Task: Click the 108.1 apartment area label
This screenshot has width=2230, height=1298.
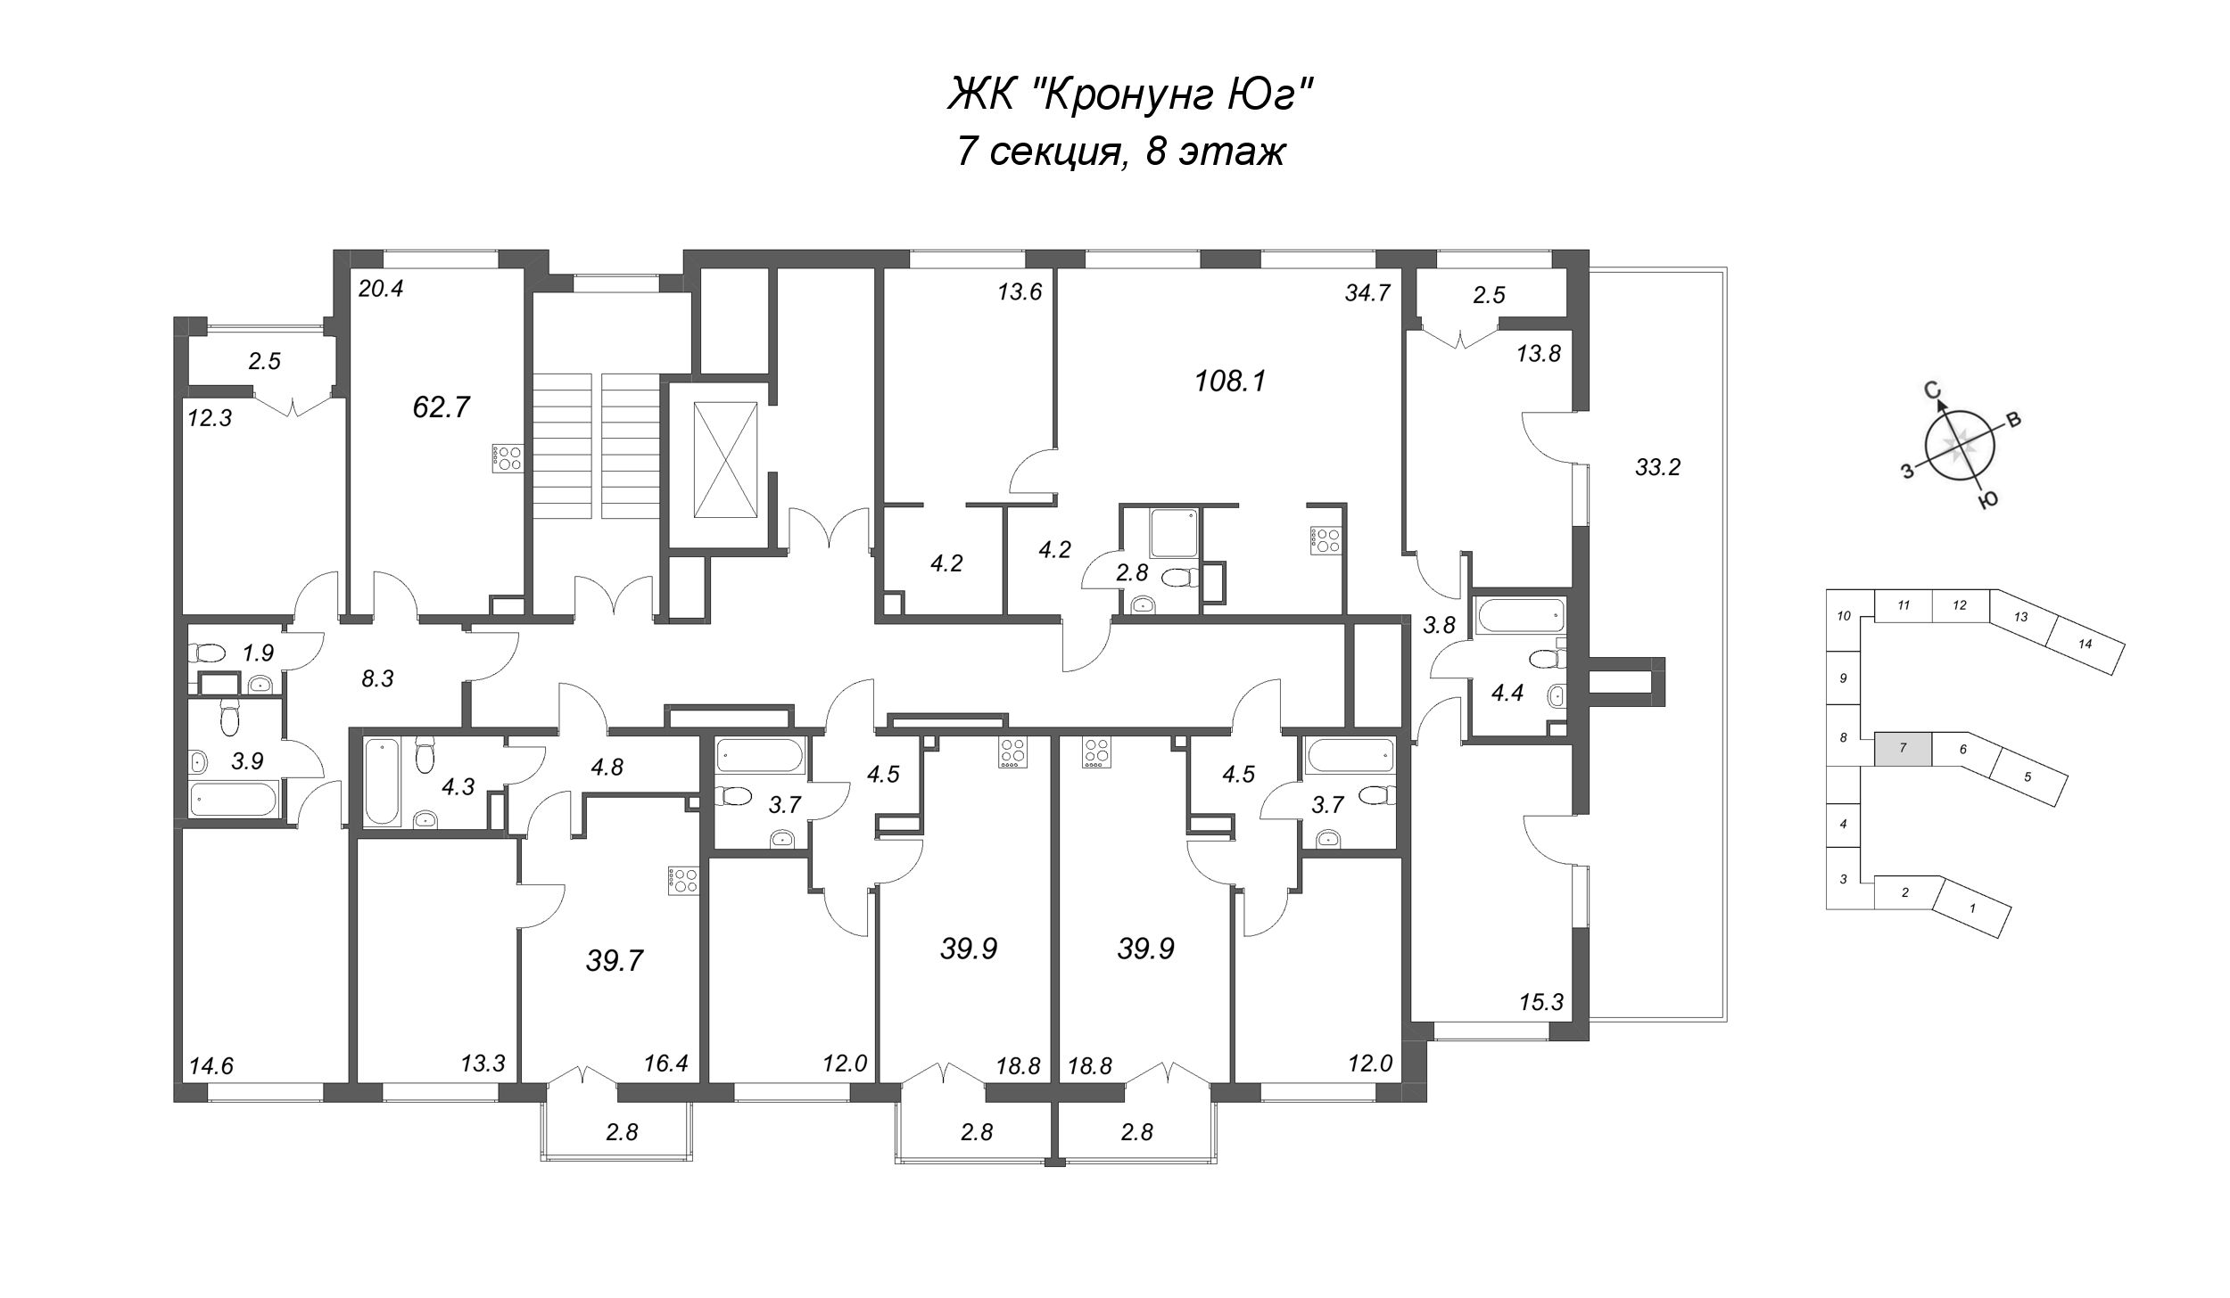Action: pyautogui.click(x=1230, y=382)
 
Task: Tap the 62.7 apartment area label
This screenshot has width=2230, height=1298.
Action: pyautogui.click(x=441, y=407)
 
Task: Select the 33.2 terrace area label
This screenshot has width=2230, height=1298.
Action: pyautogui.click(x=1657, y=467)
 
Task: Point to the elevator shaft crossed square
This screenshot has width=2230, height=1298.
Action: pyautogui.click(x=725, y=458)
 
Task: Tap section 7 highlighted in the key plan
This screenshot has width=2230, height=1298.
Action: pyautogui.click(x=1903, y=749)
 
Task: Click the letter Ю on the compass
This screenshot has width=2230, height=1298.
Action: pyautogui.click(x=1986, y=502)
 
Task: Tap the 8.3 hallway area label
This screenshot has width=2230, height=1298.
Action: pyautogui.click(x=377, y=680)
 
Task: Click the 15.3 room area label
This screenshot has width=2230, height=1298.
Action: pyautogui.click(x=1541, y=1003)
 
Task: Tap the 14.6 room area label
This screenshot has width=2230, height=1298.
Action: pyautogui.click(x=211, y=1066)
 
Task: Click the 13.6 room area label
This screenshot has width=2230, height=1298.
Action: pyautogui.click(x=1020, y=292)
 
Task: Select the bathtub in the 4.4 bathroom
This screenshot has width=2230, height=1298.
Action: pyautogui.click(x=1519, y=614)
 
